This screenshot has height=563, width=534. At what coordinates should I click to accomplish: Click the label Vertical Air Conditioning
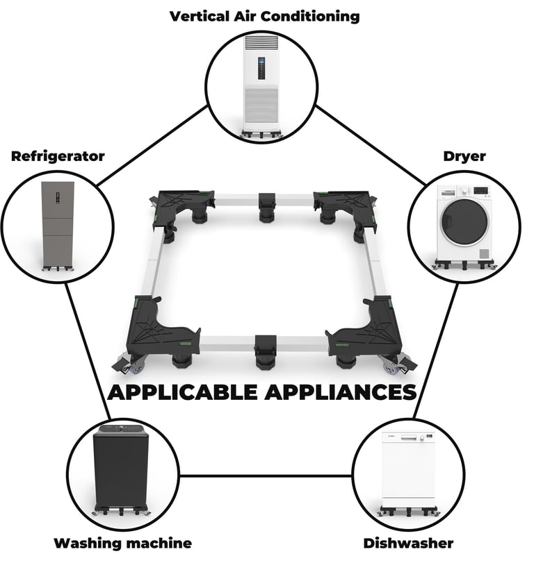pos(265,15)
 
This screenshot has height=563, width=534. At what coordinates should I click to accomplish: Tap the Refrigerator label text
pos(58,156)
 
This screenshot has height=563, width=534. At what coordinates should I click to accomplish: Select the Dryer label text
pos(464,156)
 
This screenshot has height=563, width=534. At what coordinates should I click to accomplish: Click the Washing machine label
pos(122,543)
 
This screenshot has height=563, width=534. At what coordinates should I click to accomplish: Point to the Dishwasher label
pos(408,543)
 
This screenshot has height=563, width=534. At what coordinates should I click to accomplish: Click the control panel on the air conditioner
pos(263,64)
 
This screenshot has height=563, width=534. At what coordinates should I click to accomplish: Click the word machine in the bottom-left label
pos(161,543)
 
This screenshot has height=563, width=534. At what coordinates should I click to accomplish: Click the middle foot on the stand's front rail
pos(264,351)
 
